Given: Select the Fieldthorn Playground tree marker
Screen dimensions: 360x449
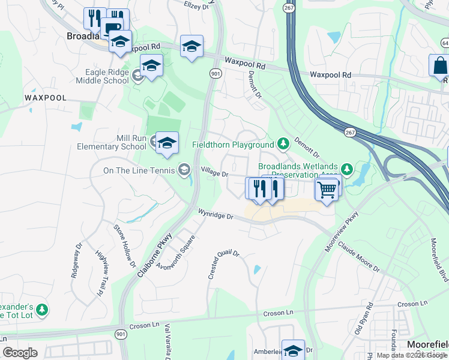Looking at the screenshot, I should (283, 144).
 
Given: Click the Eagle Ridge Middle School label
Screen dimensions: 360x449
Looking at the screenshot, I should (108, 76).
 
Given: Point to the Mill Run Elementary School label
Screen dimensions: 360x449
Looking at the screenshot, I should (112, 142).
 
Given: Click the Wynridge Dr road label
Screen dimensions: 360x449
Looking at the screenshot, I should (215, 214).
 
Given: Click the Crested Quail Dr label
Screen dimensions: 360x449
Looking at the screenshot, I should (224, 265).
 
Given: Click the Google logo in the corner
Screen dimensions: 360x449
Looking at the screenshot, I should (20, 353).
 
